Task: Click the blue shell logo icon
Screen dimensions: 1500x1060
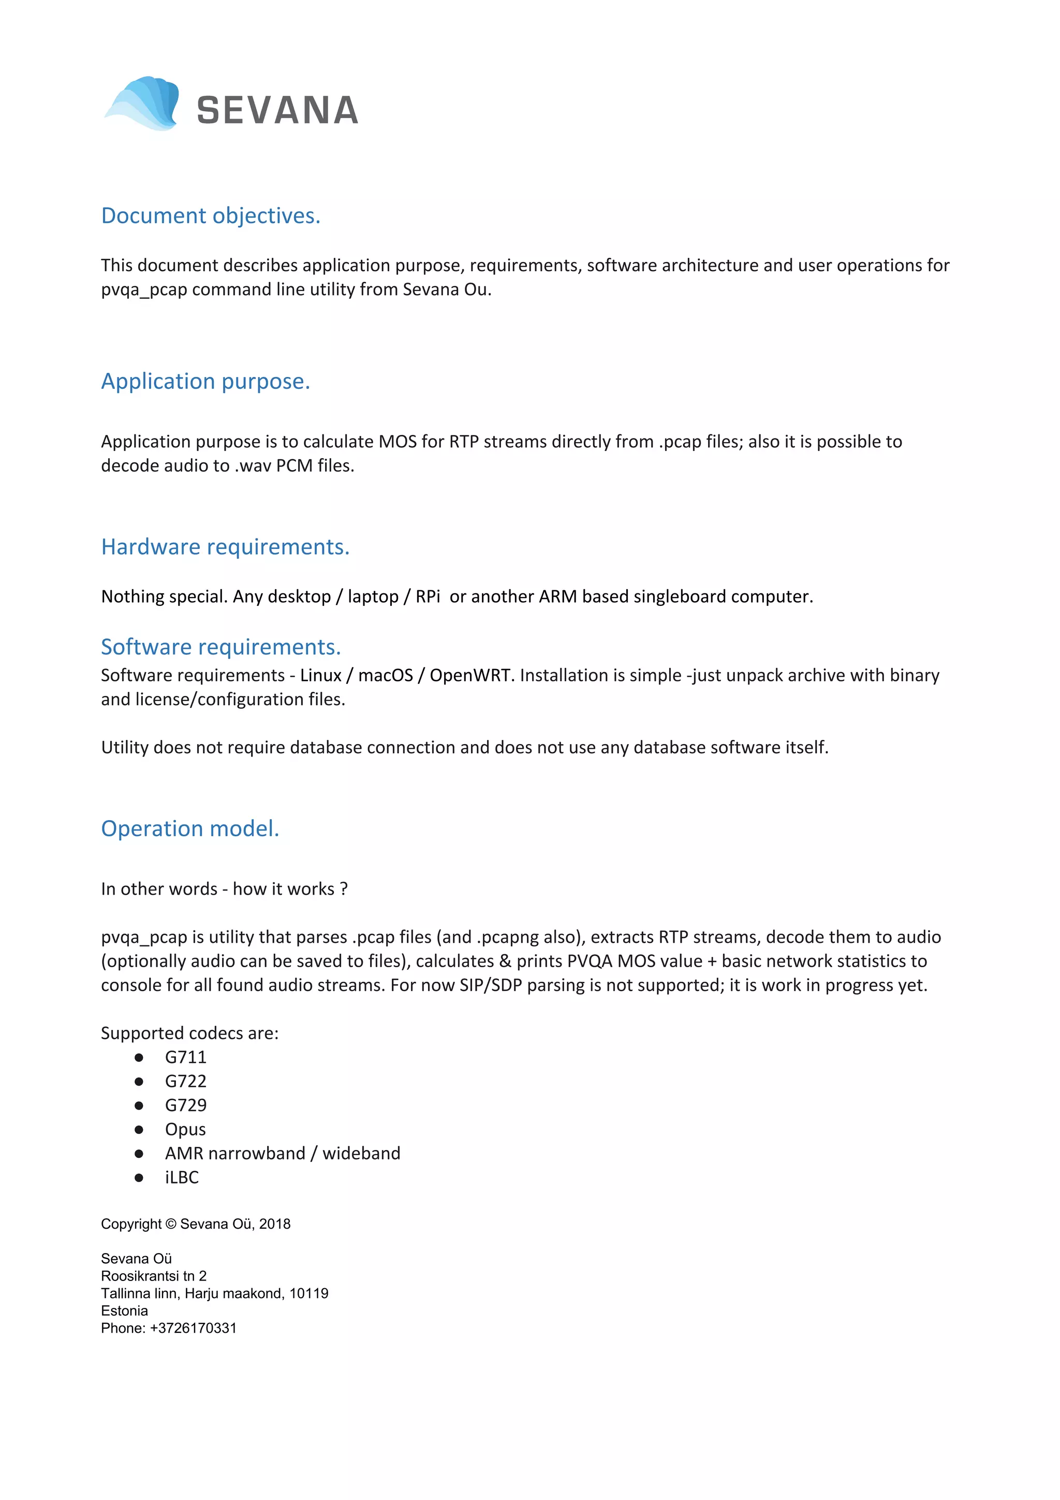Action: coord(143,103)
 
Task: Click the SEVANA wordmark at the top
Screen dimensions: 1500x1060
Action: coord(277,110)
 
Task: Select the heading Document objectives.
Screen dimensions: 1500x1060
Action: coord(210,215)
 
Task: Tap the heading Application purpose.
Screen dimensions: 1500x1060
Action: coord(205,381)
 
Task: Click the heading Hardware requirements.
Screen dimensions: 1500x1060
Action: coord(225,547)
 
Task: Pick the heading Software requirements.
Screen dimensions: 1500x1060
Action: coord(221,647)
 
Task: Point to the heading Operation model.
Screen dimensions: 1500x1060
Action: coord(190,828)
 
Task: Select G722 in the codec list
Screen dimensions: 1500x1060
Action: coord(185,1081)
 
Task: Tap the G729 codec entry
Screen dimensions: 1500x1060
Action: coord(185,1105)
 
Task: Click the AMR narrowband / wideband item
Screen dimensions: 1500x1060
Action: coord(282,1154)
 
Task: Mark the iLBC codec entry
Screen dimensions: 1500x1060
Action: coord(182,1177)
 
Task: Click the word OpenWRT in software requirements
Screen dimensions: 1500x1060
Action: coord(469,676)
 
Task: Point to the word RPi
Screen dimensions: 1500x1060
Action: coord(428,596)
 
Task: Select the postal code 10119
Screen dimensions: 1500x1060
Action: coord(309,1293)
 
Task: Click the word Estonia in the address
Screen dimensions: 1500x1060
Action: coord(124,1310)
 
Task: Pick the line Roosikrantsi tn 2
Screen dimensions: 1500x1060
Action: coord(154,1276)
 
